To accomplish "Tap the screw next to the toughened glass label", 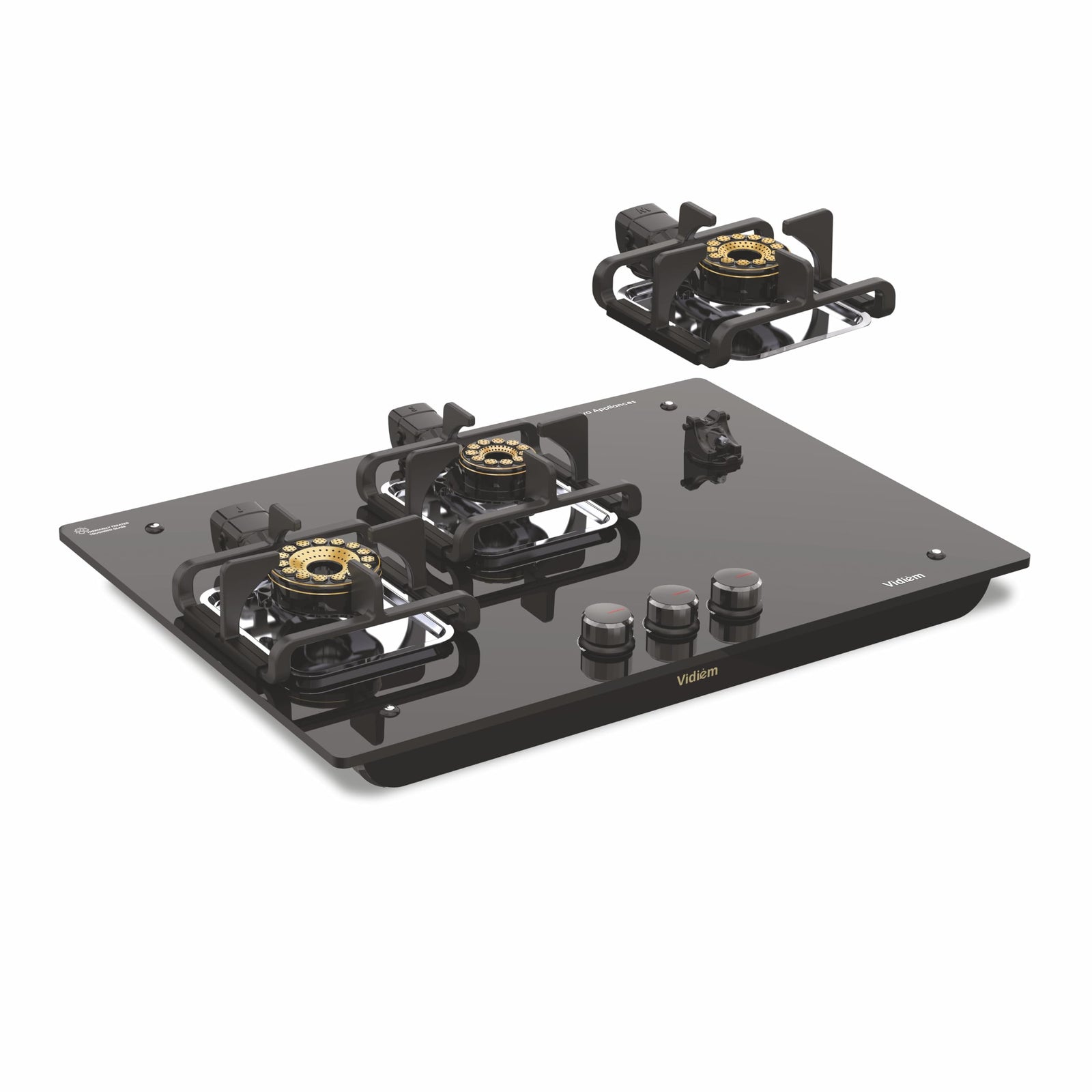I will click(x=153, y=526).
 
